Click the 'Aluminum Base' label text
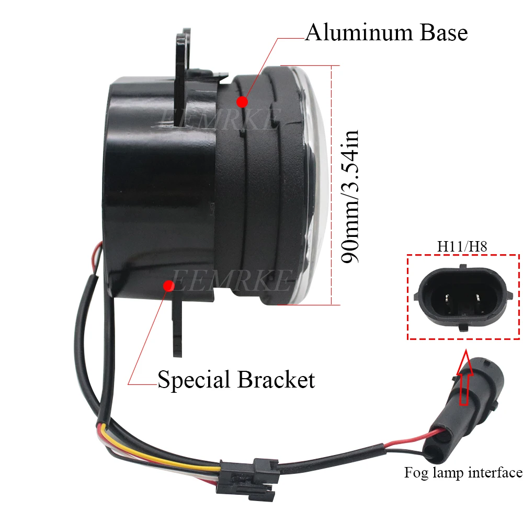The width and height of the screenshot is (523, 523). coord(386,32)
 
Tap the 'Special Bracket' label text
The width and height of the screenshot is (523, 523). coord(236,379)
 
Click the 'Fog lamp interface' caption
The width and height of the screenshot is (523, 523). coord(463,473)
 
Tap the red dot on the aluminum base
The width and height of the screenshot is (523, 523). coord(242,101)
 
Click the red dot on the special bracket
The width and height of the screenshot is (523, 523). coord(168,286)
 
